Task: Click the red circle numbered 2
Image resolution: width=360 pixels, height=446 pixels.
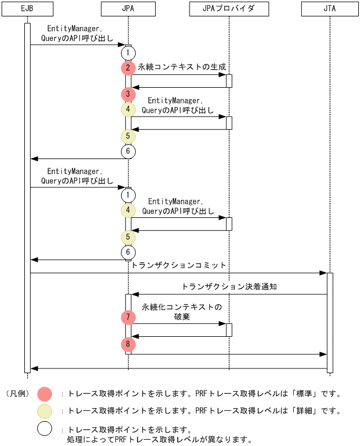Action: (x=128, y=68)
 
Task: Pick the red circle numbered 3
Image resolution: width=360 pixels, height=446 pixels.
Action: (x=128, y=95)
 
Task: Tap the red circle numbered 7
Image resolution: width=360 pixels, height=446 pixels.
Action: (x=128, y=317)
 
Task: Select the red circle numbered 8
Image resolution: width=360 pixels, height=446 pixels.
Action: (x=128, y=344)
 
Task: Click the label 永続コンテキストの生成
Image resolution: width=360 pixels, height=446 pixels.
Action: (x=182, y=67)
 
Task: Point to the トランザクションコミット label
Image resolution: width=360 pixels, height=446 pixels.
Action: (x=179, y=265)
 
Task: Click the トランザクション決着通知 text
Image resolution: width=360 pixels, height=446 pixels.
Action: (x=229, y=287)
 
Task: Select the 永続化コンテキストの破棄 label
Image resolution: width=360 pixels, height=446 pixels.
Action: (x=182, y=312)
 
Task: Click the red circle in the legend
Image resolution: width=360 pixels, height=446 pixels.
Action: (x=45, y=393)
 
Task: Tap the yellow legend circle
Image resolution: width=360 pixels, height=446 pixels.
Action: (x=45, y=411)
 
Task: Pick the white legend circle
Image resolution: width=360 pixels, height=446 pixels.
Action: (x=45, y=429)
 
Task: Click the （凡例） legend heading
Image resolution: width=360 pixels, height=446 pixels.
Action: (x=17, y=393)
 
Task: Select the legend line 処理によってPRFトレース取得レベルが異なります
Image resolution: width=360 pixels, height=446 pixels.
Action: (x=159, y=439)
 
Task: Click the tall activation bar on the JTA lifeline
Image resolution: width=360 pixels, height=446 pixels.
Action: (x=330, y=323)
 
